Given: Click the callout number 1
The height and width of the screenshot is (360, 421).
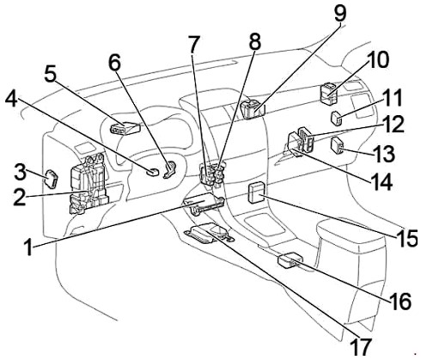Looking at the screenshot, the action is (x=28, y=247).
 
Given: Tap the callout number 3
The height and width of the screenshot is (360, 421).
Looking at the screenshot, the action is (x=20, y=172).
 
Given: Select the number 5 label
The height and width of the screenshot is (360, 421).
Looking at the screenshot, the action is (x=50, y=74).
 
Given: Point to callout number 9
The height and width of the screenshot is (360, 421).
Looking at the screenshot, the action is (x=340, y=14).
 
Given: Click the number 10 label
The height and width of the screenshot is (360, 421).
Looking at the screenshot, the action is (x=377, y=60).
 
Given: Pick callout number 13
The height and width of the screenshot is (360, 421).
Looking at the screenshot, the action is (x=384, y=153).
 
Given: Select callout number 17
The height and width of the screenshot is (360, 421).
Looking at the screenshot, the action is (x=362, y=347).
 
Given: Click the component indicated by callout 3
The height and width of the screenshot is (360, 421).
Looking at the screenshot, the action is (x=51, y=180).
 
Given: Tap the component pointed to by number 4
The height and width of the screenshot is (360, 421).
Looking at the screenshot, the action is (x=152, y=172).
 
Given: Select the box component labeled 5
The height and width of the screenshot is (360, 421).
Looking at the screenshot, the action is (x=125, y=128).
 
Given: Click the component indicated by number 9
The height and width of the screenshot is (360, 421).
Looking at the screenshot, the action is (x=252, y=109).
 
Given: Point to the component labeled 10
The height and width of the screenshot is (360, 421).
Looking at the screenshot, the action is (x=328, y=93).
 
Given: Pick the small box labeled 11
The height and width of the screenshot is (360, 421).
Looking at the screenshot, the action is (x=337, y=119).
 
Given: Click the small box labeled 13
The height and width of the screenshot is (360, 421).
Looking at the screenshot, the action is (x=337, y=145).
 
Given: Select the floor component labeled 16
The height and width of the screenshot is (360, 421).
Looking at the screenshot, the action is (x=290, y=259).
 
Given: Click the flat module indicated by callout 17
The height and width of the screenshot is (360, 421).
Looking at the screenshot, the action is (x=209, y=233).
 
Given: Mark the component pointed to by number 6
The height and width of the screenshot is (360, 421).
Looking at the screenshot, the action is (x=170, y=169).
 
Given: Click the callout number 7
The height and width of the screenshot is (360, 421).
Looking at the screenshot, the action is (x=193, y=45).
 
